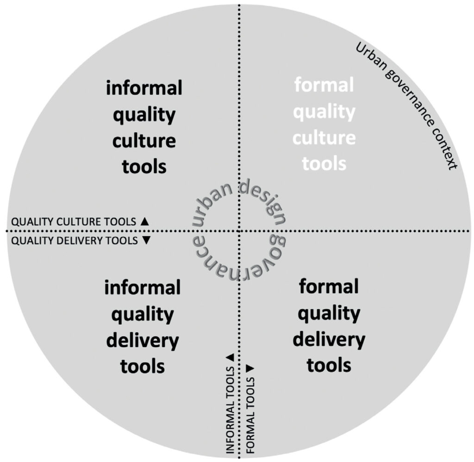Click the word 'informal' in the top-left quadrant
(x=144, y=87)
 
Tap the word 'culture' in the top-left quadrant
(x=144, y=139)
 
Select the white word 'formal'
(x=324, y=85)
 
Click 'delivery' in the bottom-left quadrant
(x=142, y=341)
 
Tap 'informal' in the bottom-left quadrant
(x=142, y=288)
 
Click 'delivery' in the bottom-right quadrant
(x=329, y=340)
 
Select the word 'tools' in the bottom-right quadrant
(x=329, y=366)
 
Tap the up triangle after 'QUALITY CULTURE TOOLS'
(x=144, y=221)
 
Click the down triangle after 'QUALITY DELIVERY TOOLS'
(x=146, y=241)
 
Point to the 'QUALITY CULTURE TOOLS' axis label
(x=74, y=222)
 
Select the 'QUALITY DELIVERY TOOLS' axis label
(x=75, y=241)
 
